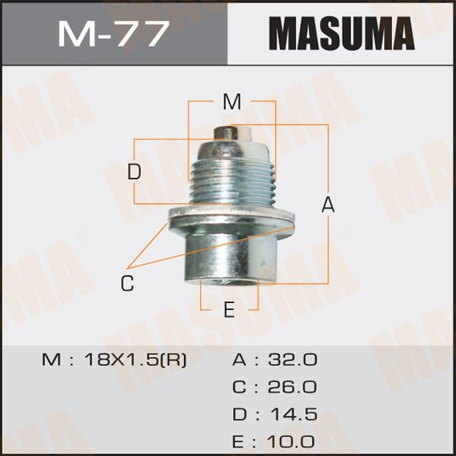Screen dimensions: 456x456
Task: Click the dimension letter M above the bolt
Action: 232,103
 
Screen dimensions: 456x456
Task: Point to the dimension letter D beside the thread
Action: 135,172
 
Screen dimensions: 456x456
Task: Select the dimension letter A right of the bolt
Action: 328,205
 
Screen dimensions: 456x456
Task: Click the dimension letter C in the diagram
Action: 127,283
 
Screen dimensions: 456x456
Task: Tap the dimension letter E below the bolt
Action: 229,310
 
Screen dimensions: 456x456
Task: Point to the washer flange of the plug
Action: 232,220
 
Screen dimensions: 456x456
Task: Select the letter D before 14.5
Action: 239,415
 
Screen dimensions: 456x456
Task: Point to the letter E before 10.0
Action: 239,441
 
